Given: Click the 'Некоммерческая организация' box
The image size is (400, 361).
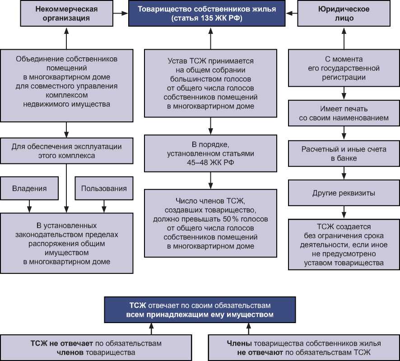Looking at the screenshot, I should (x=66, y=14).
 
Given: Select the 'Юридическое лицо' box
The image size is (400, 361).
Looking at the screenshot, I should (x=344, y=14).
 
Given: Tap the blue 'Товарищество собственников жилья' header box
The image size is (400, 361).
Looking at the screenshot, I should (x=210, y=14).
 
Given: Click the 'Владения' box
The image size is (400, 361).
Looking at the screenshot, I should (x=29, y=188).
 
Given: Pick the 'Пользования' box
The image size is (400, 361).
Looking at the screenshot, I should (x=104, y=188).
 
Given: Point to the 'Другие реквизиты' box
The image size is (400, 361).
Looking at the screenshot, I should (x=344, y=194).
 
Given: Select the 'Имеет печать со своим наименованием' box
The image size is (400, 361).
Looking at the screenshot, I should (x=344, y=113).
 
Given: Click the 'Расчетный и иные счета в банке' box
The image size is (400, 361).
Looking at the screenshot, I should (x=344, y=153).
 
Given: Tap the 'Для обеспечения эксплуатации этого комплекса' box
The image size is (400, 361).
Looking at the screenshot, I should (x=66, y=151).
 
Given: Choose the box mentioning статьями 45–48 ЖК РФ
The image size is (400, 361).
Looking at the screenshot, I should (x=210, y=154).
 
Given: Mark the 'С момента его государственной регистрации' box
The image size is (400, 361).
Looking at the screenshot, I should (x=344, y=68).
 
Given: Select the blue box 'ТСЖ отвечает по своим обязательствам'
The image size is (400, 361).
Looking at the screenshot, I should (x=200, y=310).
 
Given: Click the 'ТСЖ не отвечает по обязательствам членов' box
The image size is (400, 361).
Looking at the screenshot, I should (x=96, y=347).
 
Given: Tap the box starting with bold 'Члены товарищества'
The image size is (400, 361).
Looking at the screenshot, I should (x=304, y=347).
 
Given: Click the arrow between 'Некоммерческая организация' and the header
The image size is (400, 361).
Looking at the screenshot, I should (x=121, y=14).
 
